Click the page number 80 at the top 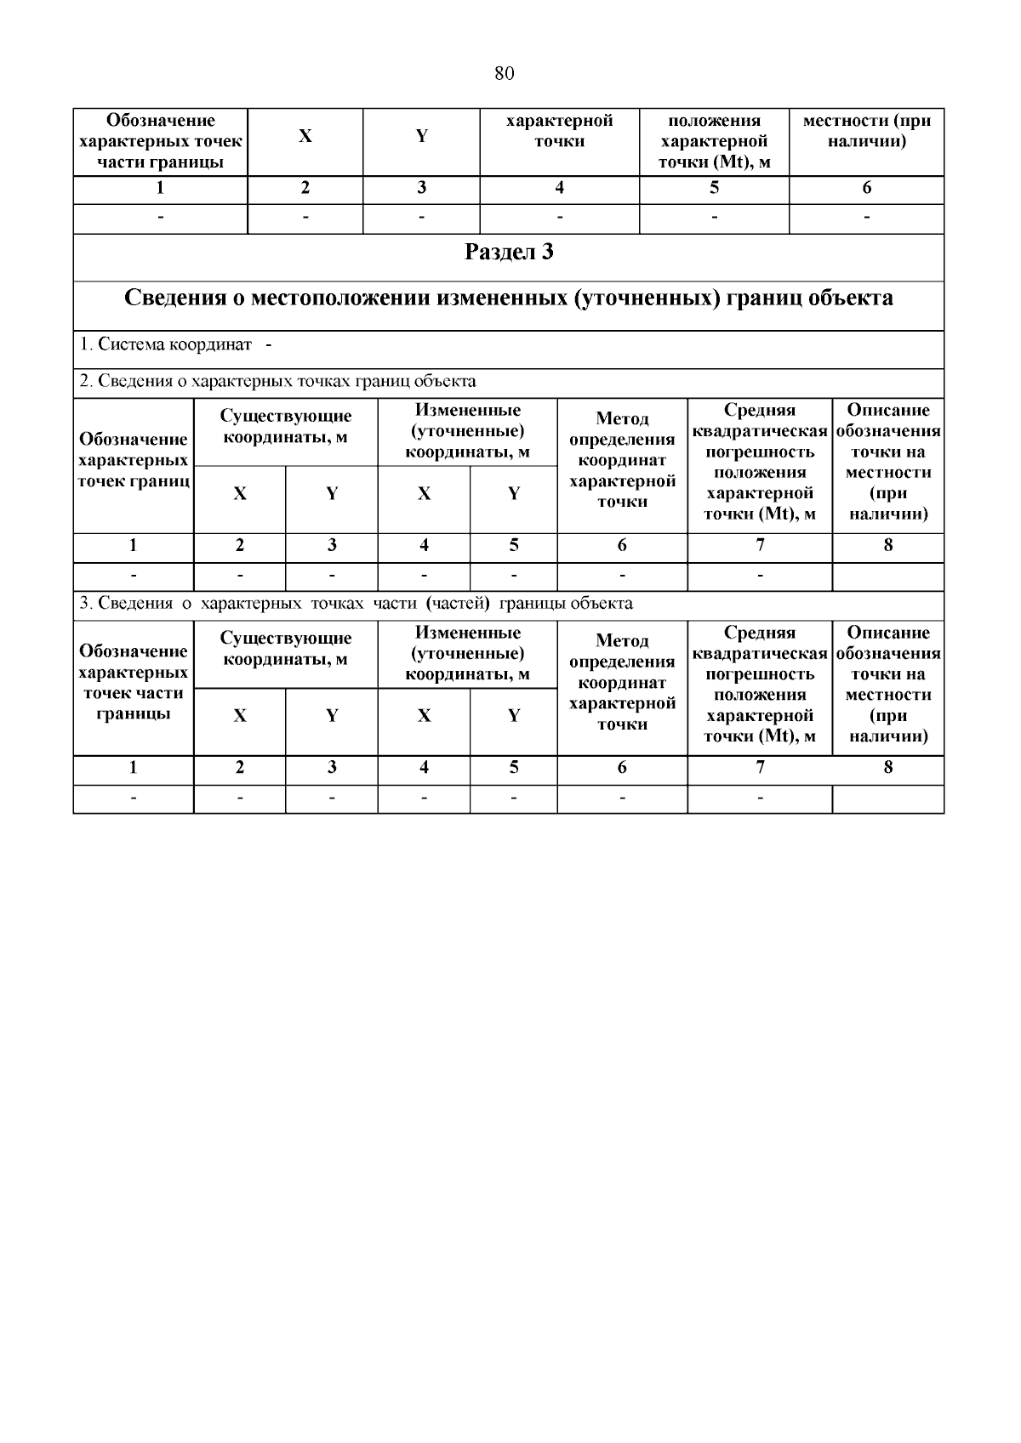[x=504, y=74]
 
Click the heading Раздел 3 [x=509, y=253]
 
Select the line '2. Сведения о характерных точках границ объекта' [x=277, y=381]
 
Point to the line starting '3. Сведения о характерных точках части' [x=356, y=604]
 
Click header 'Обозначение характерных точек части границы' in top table [x=160, y=141]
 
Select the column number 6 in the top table [x=866, y=188]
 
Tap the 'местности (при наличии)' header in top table [x=866, y=131]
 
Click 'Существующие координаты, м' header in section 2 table [x=286, y=426]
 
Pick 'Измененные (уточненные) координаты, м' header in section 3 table [x=467, y=654]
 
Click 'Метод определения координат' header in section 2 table [x=622, y=460]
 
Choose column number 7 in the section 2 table [x=760, y=546]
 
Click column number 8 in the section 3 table [x=887, y=768]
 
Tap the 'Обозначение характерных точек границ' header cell [x=134, y=460]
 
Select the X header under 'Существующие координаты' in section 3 [x=240, y=716]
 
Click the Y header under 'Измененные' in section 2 [x=514, y=494]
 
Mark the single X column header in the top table [x=305, y=136]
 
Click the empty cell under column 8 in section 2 [x=887, y=577]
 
